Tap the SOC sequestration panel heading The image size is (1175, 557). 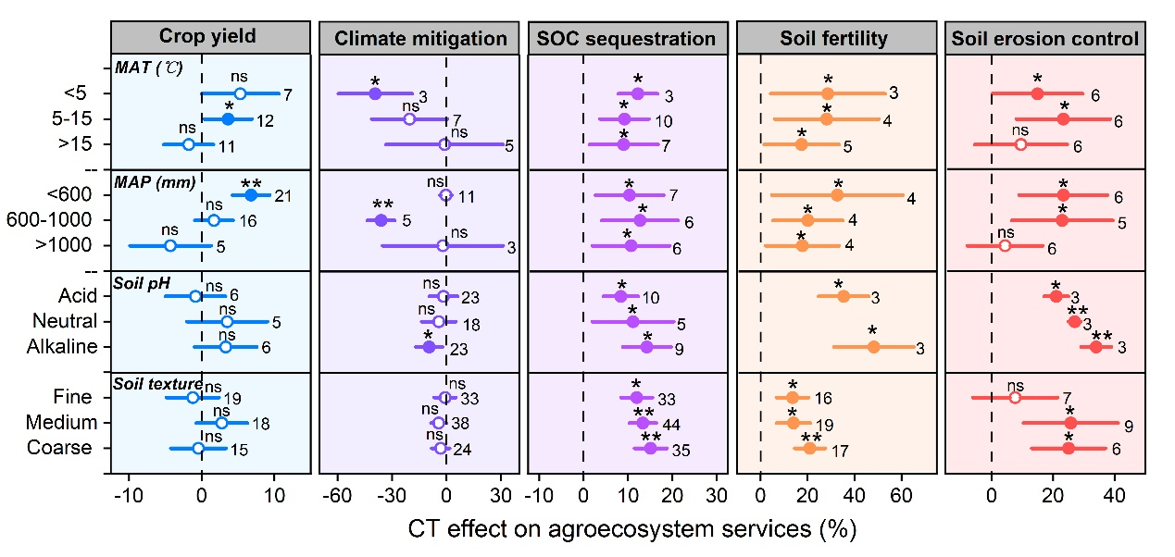(627, 38)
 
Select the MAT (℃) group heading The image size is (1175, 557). (148, 68)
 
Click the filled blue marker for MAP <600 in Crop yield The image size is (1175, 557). (250, 195)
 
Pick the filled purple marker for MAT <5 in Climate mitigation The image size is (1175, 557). (375, 93)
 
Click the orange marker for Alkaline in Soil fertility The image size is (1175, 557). (873, 347)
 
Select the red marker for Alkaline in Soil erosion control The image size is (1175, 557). (1095, 347)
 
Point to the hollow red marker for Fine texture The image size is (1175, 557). (1015, 397)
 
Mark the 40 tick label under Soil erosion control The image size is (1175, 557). (1114, 490)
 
